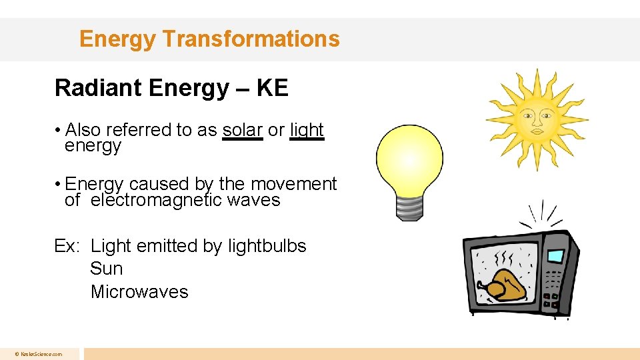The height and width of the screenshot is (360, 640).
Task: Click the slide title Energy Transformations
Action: (x=209, y=39)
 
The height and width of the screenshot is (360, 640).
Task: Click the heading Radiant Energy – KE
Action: (x=171, y=88)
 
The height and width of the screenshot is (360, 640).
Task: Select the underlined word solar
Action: (x=242, y=129)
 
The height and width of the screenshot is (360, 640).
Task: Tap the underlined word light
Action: (x=307, y=129)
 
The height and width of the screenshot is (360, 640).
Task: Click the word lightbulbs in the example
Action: (x=267, y=246)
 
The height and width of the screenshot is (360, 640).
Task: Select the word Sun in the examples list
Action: (x=107, y=269)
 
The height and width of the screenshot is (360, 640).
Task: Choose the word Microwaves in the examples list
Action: (x=139, y=292)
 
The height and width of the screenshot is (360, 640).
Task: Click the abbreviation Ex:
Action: (x=67, y=246)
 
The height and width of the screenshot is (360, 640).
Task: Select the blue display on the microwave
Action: (x=555, y=256)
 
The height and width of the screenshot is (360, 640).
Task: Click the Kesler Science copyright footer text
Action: (x=39, y=354)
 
